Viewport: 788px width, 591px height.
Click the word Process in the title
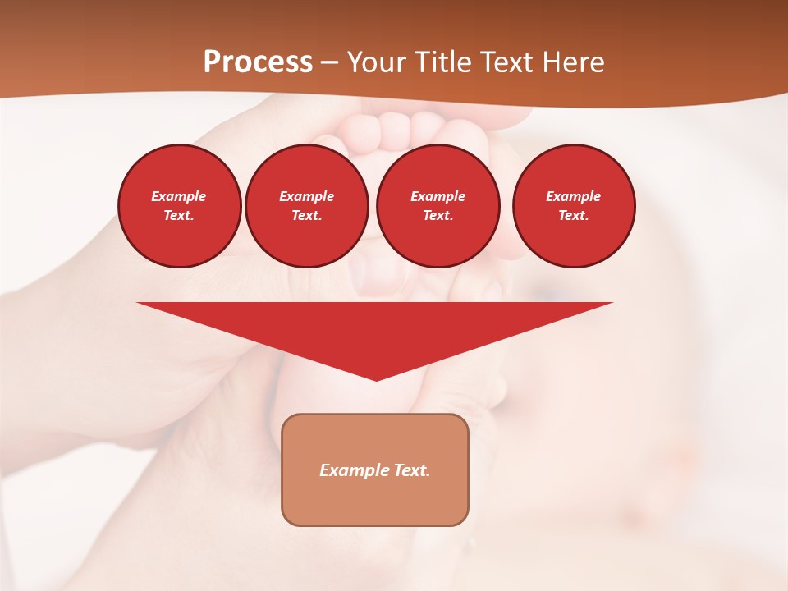tap(258, 62)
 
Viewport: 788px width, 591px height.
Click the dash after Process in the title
tap(330, 63)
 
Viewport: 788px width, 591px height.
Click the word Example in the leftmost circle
tap(179, 196)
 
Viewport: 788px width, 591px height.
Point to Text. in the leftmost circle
tap(179, 215)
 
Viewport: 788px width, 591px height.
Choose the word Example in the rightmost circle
tap(573, 196)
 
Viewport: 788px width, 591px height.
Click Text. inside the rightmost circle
tap(573, 215)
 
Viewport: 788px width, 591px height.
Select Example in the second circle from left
tap(306, 196)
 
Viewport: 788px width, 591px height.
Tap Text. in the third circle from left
tap(438, 215)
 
